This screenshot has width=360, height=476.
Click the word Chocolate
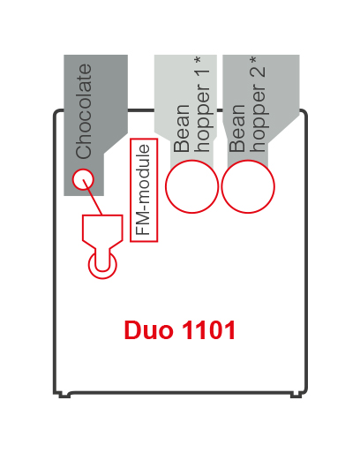pos(85,110)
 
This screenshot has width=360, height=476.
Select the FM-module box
pos(144,190)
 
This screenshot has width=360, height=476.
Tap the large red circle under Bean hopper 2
pos(248,186)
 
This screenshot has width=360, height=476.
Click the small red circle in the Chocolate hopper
pos(82,180)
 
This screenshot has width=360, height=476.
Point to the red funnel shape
pos(101,231)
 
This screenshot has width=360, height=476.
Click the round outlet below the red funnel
pos(102,263)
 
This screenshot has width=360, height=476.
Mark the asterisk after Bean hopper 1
pos(199,63)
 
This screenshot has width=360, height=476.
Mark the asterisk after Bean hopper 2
pos(255,63)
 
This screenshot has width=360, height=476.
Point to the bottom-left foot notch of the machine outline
pos(64,394)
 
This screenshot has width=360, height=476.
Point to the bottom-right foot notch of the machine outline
pos(298,394)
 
